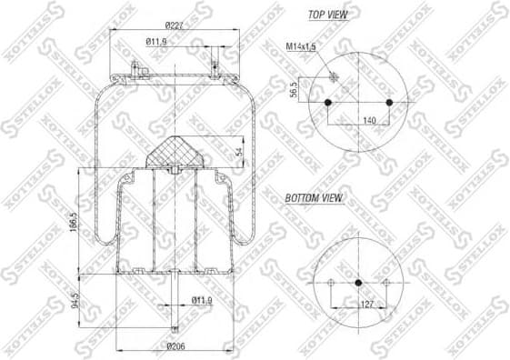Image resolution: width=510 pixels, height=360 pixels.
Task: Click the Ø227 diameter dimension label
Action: point(175,24)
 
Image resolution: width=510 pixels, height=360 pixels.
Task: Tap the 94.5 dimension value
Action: point(72,299)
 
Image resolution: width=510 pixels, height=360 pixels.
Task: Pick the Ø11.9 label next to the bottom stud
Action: point(202,299)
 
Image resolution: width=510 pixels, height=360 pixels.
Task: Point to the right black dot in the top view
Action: point(389,101)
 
